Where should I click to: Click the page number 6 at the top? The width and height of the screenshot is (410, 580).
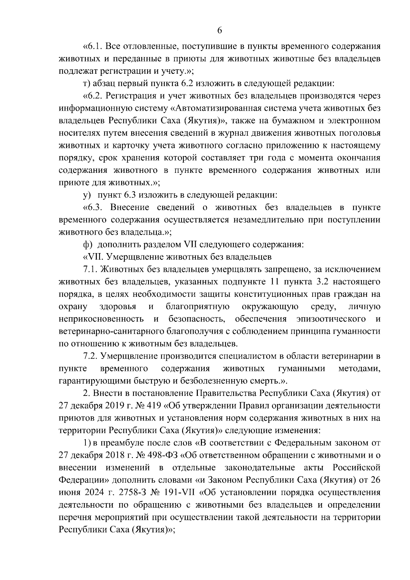tap(220, 31)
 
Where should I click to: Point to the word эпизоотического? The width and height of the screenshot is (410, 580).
tap(331, 319)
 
